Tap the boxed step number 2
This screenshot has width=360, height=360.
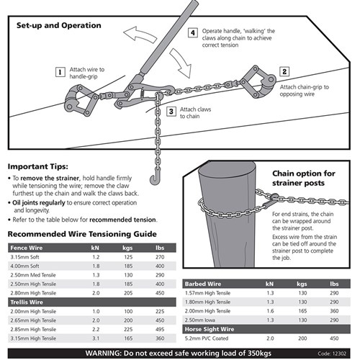pos(284,72)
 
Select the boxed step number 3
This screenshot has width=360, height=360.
pos(171,111)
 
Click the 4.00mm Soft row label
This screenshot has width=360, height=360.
pos(25,266)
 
